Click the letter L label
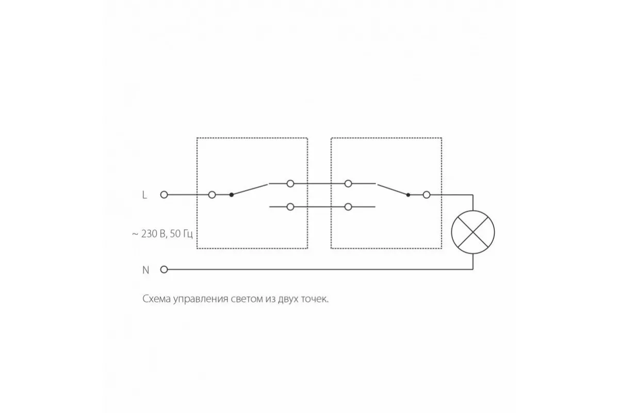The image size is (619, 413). [x=144, y=195]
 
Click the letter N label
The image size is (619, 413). [x=145, y=270]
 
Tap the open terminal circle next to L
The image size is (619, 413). [x=164, y=195]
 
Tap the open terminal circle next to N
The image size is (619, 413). [x=164, y=269]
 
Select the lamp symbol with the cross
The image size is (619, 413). [x=473, y=232]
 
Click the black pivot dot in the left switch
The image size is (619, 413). [x=232, y=195]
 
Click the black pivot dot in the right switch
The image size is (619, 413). [x=408, y=195]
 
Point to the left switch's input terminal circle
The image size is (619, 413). [x=212, y=195]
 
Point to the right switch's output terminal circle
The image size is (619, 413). [x=427, y=195]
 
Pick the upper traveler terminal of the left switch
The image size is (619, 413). [x=290, y=183]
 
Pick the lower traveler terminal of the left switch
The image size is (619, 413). [x=290, y=206]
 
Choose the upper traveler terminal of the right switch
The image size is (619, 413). [x=348, y=183]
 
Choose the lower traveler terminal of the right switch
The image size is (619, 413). [x=348, y=206]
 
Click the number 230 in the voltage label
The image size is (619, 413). [x=150, y=234]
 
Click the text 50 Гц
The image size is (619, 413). [x=181, y=234]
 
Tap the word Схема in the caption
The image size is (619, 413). [x=156, y=299]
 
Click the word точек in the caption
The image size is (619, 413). [x=314, y=299]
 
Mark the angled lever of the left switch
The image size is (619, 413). [x=250, y=189]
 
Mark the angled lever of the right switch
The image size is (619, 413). [x=393, y=190]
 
